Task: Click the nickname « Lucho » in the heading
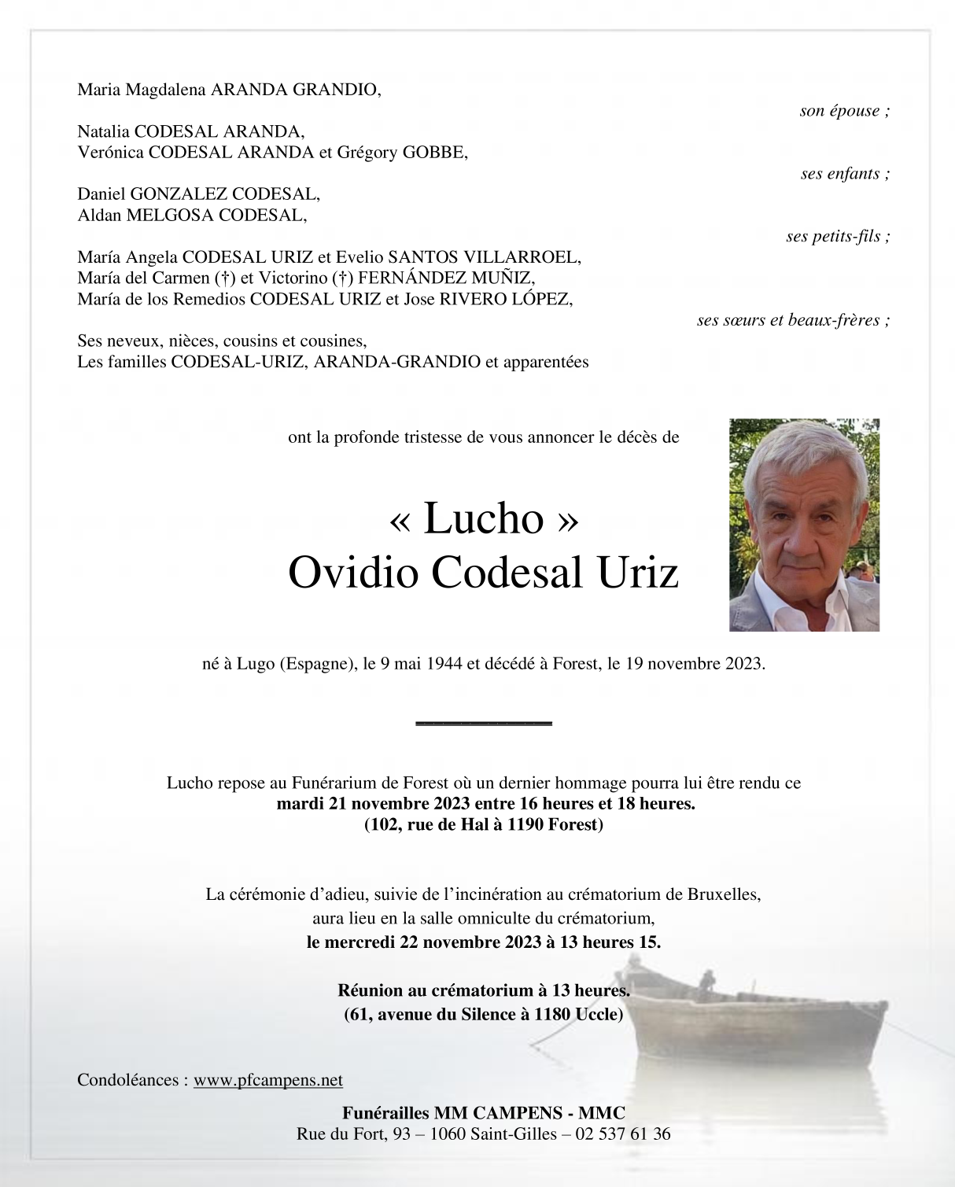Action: click(x=483, y=518)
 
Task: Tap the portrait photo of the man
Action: click(x=804, y=525)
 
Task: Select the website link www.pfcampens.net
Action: click(x=267, y=1080)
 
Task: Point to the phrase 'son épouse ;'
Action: click(x=844, y=111)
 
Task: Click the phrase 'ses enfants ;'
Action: click(x=845, y=174)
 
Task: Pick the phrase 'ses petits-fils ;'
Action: click(x=838, y=237)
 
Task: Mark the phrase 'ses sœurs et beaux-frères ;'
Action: click(x=793, y=320)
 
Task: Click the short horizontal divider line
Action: click(x=483, y=722)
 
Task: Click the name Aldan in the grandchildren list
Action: click(x=99, y=216)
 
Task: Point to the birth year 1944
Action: click(x=444, y=664)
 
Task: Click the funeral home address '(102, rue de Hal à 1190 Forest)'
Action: click(x=483, y=825)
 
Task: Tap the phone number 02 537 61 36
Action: click(x=623, y=1134)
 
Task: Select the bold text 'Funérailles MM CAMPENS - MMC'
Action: click(x=483, y=1113)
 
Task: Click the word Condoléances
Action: click(x=127, y=1080)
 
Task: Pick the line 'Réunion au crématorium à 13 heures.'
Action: click(x=483, y=991)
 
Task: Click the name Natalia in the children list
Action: click(x=104, y=132)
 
